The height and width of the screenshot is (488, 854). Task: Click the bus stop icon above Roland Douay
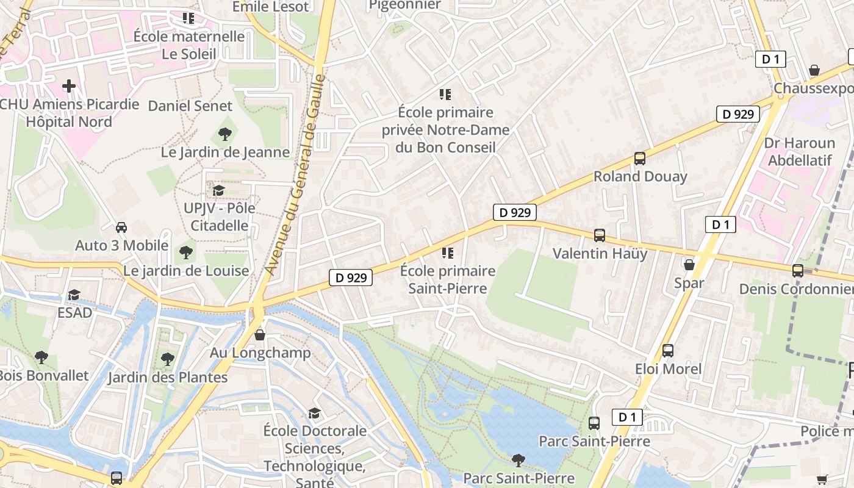(x=639, y=159)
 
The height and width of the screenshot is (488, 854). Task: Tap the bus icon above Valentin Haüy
(x=600, y=235)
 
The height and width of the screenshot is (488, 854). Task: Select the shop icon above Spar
(x=689, y=265)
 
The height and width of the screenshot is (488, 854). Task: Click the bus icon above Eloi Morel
(x=668, y=351)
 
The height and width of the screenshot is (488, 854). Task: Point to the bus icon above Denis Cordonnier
(x=797, y=271)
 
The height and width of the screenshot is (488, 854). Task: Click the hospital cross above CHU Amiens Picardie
(x=69, y=86)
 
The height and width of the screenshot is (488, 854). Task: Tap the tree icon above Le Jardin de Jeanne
(x=225, y=134)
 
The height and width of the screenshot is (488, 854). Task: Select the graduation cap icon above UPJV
(x=218, y=190)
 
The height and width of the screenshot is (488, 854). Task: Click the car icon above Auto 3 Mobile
(x=121, y=228)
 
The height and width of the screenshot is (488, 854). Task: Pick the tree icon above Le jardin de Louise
(x=186, y=252)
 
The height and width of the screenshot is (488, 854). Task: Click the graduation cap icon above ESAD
(x=74, y=295)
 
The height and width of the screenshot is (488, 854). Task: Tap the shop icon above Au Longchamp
(x=260, y=335)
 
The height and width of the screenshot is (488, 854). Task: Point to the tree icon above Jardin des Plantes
(x=168, y=359)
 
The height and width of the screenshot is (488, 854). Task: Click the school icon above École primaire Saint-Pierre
(x=448, y=253)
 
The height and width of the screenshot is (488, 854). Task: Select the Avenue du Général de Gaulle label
(x=295, y=174)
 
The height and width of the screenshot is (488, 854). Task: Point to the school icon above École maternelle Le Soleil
(x=188, y=18)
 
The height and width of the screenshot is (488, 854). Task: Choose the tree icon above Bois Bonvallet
(x=41, y=357)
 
